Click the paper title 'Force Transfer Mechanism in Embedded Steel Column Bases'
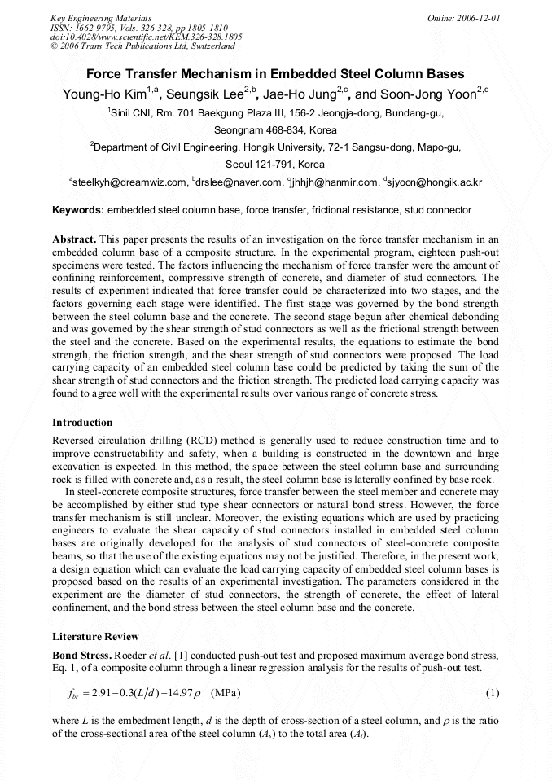275,73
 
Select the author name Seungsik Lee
212,94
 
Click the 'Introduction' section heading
82,423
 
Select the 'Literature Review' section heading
95,636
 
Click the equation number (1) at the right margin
492,693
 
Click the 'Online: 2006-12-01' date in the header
464,18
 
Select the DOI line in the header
147,37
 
